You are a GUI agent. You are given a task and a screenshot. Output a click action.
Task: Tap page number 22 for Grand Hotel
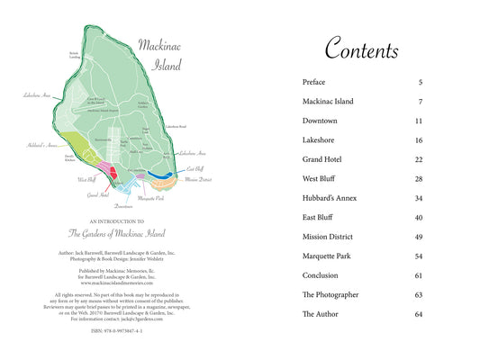(419, 159)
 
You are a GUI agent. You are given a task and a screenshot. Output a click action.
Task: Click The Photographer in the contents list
(331, 294)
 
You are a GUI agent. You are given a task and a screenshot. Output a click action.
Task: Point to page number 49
(419, 237)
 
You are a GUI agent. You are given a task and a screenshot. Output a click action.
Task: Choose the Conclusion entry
(322, 275)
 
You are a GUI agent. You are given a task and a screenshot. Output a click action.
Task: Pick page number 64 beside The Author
(419, 314)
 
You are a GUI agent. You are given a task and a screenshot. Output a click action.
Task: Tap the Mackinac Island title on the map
(159, 53)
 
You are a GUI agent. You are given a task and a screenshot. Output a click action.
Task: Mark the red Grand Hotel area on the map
(113, 168)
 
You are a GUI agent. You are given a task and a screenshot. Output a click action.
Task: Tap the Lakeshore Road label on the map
(175, 129)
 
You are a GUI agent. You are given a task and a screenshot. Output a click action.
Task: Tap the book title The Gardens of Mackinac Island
(118, 231)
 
